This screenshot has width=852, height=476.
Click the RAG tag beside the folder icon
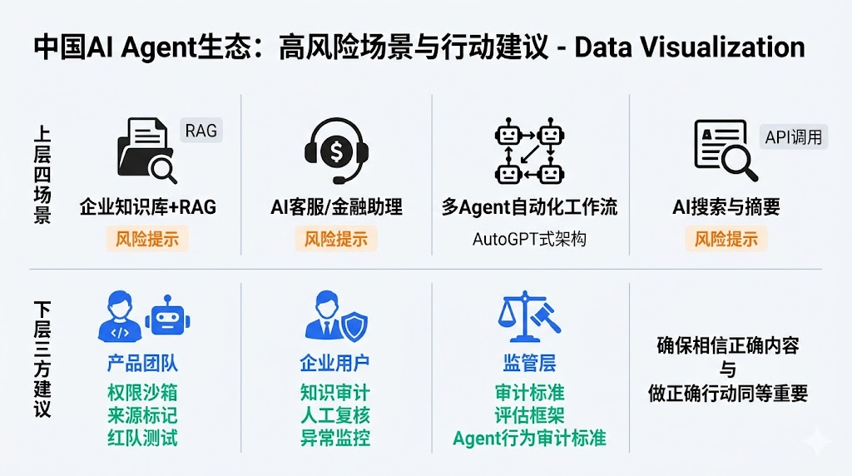(x=201, y=131)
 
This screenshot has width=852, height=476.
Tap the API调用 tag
(x=793, y=137)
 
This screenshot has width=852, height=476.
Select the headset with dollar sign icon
(x=336, y=151)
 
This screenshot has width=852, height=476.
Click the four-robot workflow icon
(x=529, y=151)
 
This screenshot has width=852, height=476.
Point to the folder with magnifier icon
(x=146, y=151)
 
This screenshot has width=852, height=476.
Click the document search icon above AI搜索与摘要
(x=726, y=151)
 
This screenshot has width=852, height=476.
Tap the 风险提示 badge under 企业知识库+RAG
(x=147, y=239)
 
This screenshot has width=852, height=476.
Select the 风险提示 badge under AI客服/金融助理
(x=336, y=239)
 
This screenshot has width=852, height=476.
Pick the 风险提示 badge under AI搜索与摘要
(x=726, y=239)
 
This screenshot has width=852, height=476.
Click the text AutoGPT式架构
(x=529, y=239)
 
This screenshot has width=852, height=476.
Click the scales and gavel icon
(x=529, y=316)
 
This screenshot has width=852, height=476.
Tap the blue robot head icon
(x=168, y=317)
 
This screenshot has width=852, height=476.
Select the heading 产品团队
(x=142, y=363)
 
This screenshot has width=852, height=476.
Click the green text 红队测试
(x=142, y=438)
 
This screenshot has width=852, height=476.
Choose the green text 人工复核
(x=335, y=415)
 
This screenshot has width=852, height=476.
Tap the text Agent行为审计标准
(x=529, y=438)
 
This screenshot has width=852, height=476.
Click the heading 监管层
(x=529, y=363)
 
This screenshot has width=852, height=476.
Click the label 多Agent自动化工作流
(x=529, y=207)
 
